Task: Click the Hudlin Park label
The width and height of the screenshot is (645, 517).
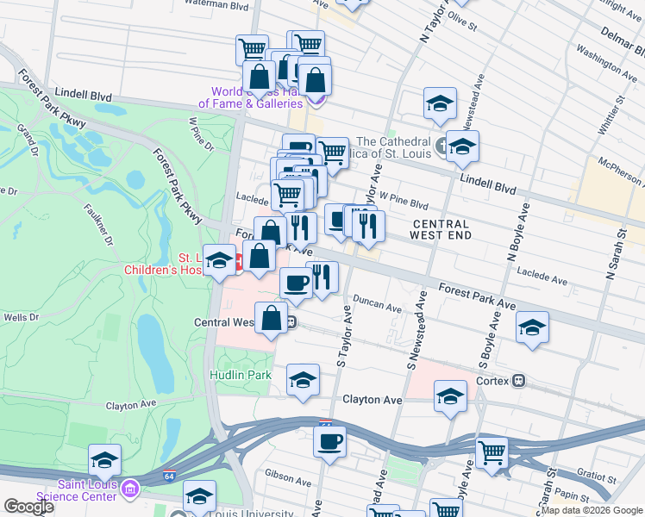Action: (x=241, y=375)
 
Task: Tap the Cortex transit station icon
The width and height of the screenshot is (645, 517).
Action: (x=519, y=380)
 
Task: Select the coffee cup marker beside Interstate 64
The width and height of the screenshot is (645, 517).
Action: (x=329, y=443)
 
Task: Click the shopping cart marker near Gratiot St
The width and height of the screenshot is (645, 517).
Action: (x=492, y=451)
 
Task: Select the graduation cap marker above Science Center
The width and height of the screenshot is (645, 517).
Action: (x=104, y=460)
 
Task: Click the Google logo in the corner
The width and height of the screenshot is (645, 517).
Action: (x=28, y=508)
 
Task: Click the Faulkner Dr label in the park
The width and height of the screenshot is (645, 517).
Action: (x=98, y=223)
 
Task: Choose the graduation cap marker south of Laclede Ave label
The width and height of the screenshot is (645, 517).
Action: (x=532, y=327)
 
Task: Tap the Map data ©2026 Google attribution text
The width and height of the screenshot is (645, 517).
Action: (x=592, y=510)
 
